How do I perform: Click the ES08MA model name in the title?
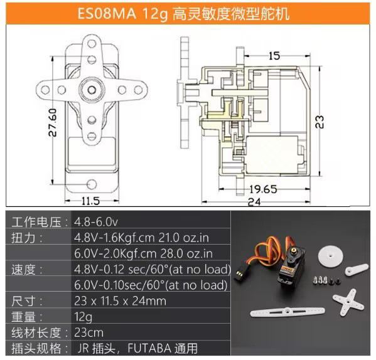[x=107, y=13]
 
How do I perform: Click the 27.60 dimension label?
[x=53, y=122]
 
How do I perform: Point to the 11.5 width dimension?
[x=90, y=201]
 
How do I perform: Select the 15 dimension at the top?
[x=274, y=56]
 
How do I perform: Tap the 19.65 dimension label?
[x=263, y=189]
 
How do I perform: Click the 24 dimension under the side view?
[x=254, y=202]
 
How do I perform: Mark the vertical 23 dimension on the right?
[x=320, y=122]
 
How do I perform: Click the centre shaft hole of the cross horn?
[x=92, y=90]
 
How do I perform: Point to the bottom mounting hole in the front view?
[x=92, y=184]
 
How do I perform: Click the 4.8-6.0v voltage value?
[x=96, y=222]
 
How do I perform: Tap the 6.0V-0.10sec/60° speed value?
[x=151, y=285]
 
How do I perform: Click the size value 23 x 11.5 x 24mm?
[x=120, y=301]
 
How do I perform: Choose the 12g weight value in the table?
[x=83, y=317]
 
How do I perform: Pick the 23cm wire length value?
[x=89, y=332]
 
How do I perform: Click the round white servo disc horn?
[x=330, y=256]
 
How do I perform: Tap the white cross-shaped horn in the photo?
[x=348, y=302]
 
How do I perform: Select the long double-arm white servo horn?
[x=287, y=312]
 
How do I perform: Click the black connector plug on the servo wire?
[x=241, y=273]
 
